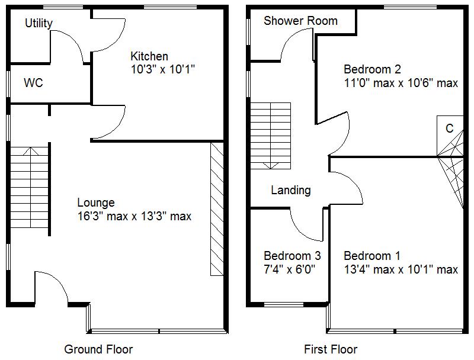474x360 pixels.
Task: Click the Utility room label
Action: click(39, 23)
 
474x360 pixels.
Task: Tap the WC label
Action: click(33, 83)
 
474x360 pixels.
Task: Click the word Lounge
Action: click(95, 203)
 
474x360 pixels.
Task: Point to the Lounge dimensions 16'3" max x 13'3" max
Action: click(134, 216)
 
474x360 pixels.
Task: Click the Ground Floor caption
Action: click(98, 349)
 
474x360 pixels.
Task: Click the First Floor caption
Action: click(331, 349)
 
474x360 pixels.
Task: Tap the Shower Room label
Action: click(300, 21)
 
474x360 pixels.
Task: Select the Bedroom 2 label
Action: click(372, 69)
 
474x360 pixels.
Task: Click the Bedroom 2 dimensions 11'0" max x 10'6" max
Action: click(401, 83)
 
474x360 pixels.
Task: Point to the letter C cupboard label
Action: click(449, 128)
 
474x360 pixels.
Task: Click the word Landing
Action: click(290, 190)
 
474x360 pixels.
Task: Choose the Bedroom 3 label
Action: click(292, 256)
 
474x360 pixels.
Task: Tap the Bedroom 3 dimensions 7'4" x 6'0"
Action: click(289, 269)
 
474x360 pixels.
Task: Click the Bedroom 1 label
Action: click(372, 256)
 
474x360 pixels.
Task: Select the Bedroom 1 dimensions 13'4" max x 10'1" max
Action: click(401, 269)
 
